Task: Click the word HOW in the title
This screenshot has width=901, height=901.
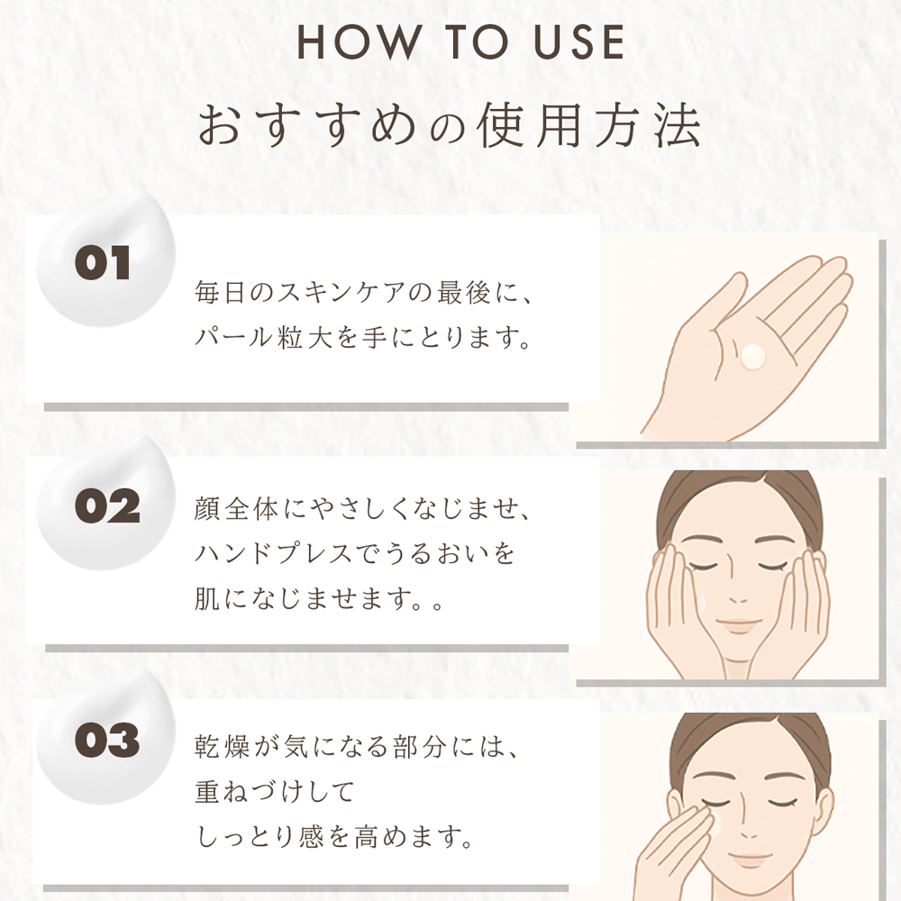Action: click(359, 41)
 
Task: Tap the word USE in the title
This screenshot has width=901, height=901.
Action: click(578, 41)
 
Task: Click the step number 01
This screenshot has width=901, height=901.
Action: click(103, 263)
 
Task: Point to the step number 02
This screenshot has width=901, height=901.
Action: click(107, 506)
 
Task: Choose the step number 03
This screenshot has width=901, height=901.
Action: click(107, 740)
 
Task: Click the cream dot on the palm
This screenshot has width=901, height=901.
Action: click(752, 356)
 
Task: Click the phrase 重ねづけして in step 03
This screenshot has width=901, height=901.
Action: click(274, 792)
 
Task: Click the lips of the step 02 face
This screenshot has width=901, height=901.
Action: click(740, 624)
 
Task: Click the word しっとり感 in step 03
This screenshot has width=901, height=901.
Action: click(259, 837)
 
